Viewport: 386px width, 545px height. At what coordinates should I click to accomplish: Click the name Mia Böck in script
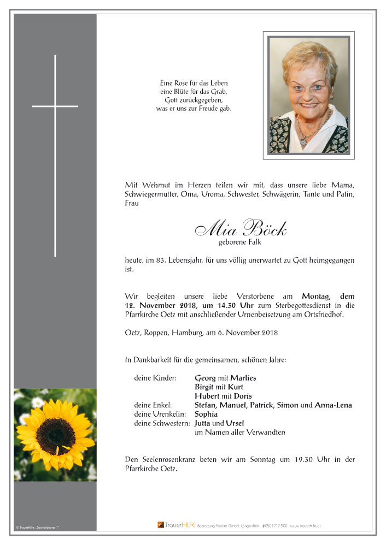(x=241, y=229)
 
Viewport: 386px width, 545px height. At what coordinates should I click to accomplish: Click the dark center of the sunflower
(x=55, y=435)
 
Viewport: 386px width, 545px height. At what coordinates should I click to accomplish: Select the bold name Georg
(x=205, y=378)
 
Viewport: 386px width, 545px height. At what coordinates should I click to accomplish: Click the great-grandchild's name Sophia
(x=206, y=414)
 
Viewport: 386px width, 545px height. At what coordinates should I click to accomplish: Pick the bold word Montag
(x=317, y=295)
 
